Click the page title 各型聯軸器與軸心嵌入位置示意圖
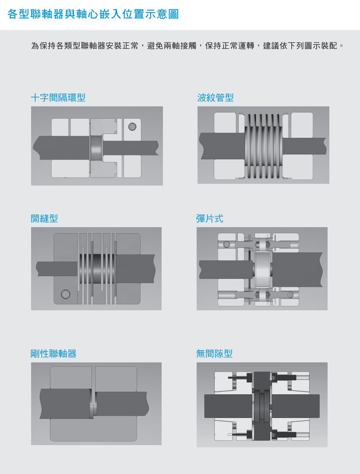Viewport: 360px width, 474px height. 93,14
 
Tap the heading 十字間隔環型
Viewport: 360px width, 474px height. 58,98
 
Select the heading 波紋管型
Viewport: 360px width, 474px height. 215,98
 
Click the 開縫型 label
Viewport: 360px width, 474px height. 44,218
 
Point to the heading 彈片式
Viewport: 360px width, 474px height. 209,218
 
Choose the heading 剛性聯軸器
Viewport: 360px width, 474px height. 54,353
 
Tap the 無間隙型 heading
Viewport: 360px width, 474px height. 214,353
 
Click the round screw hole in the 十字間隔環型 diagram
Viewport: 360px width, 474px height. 132,126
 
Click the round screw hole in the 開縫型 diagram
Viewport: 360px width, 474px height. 65,294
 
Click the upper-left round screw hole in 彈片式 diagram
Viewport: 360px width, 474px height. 227,244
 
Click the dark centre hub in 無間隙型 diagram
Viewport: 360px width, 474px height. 262,405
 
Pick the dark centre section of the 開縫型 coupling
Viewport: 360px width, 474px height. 97,269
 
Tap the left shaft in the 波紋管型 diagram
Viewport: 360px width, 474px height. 222,146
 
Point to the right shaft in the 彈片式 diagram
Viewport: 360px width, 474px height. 297,270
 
